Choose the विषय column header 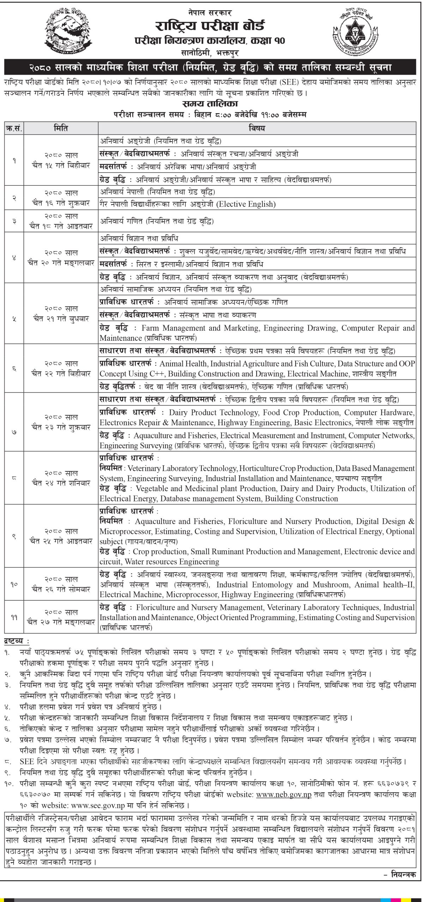257,128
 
